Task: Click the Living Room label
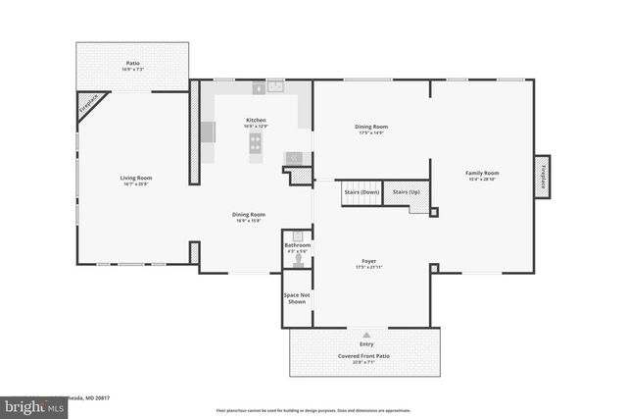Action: [x=136, y=178]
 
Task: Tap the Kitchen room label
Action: [x=256, y=120]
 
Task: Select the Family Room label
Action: [x=482, y=173]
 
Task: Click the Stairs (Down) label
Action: [x=361, y=192]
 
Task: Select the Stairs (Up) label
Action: [x=407, y=192]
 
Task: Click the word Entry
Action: [x=366, y=344]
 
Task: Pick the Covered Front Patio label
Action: [x=366, y=355]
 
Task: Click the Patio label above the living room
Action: [x=132, y=63]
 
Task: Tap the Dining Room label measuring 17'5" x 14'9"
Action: [x=371, y=127]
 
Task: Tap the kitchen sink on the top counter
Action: [x=274, y=87]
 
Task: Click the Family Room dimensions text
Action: [x=482, y=180]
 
